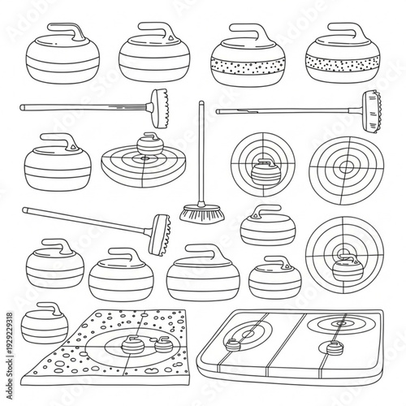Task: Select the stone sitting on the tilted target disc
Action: [147, 145]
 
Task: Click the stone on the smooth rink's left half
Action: [233, 348]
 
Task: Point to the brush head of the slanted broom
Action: [162, 231]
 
